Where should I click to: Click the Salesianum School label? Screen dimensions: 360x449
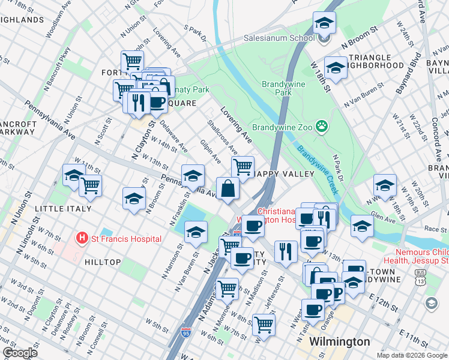(279, 38)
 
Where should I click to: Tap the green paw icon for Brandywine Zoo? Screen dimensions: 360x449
(322, 126)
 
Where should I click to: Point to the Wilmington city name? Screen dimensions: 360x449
(339, 341)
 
